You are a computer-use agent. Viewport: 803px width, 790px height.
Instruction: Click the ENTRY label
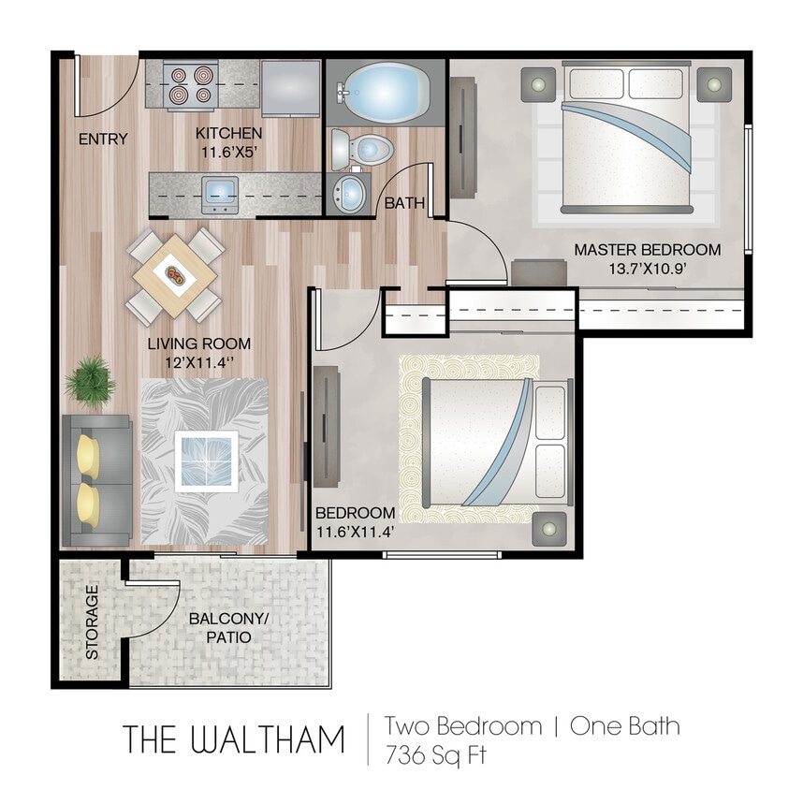103,139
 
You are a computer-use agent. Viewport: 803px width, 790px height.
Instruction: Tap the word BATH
404,202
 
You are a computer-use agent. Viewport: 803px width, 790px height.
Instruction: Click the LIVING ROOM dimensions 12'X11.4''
199,362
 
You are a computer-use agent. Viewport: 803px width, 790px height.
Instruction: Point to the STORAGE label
92,622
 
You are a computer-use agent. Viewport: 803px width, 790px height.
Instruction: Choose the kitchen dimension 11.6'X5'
229,152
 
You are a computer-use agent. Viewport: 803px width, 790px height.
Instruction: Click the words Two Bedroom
463,725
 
